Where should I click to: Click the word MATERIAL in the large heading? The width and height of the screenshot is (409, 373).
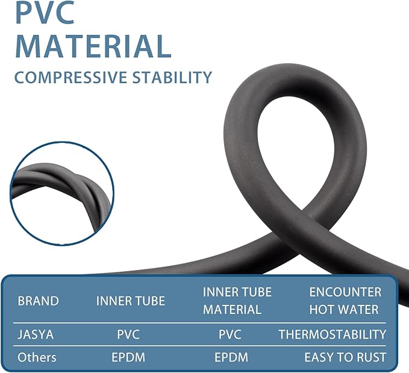(93, 46)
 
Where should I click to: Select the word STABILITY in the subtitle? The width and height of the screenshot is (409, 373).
(172, 77)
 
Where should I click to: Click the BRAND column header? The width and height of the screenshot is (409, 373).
(38, 301)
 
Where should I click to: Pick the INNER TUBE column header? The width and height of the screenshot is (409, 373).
(131, 301)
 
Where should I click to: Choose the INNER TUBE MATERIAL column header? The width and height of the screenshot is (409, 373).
(237, 301)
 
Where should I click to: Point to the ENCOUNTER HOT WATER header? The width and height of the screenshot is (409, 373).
(345, 301)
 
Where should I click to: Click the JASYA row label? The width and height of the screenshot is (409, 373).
(36, 334)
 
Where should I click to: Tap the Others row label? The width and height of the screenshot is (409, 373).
(37, 357)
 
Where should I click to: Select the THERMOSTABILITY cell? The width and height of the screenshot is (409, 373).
(333, 334)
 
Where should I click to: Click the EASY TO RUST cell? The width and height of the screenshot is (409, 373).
(345, 357)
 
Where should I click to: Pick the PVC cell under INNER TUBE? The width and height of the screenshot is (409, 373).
(128, 334)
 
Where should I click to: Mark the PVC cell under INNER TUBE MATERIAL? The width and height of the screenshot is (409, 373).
(230, 334)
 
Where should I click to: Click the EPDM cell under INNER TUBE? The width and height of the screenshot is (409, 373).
(128, 357)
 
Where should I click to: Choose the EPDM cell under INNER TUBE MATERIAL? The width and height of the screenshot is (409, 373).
(231, 357)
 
